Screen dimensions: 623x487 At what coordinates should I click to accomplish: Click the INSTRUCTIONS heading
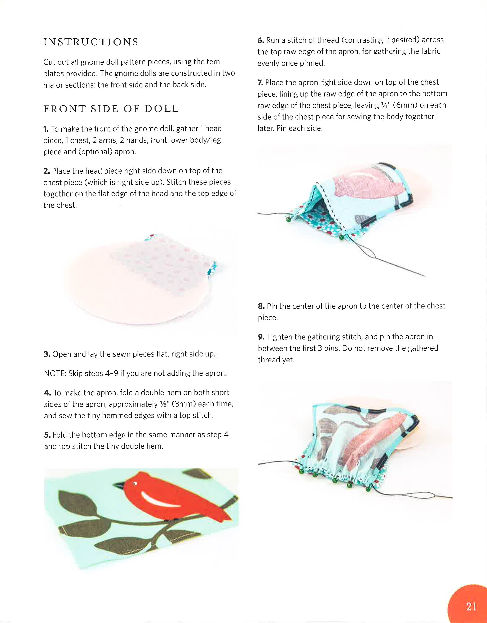91,42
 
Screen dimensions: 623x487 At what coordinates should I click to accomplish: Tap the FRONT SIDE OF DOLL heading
111,109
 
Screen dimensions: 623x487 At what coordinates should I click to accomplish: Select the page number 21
471,606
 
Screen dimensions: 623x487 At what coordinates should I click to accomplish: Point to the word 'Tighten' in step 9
279,337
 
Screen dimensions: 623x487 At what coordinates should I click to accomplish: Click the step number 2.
47,171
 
